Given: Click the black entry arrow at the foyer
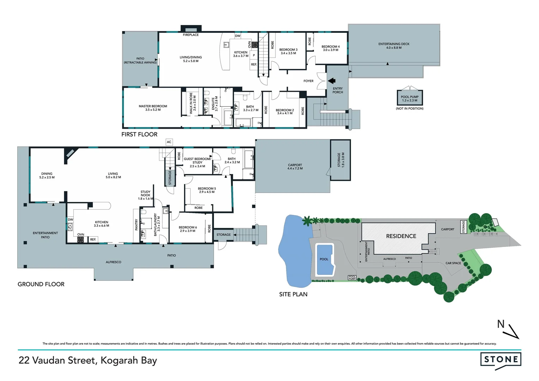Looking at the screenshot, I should [x=332, y=81].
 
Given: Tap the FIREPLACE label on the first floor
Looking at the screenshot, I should [x=190, y=35].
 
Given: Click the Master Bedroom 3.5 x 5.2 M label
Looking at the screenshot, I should [x=153, y=108].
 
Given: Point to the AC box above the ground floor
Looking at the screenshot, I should [x=169, y=142].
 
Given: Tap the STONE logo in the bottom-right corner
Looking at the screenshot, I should [x=501, y=359].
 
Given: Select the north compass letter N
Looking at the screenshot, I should [x=501, y=324].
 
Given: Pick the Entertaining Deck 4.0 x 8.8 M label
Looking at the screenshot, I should [x=394, y=46].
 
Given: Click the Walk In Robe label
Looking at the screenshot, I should [x=193, y=103].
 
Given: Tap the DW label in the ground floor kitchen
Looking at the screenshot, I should [x=71, y=220].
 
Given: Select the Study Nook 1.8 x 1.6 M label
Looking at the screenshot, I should [x=145, y=195].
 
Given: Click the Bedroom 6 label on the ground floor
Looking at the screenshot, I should [x=188, y=229].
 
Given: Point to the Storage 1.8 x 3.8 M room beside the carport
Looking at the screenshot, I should [x=341, y=160].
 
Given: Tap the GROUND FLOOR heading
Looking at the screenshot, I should [x=41, y=284].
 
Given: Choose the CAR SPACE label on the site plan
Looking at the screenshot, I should [x=453, y=263].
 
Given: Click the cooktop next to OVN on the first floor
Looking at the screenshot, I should [x=254, y=45].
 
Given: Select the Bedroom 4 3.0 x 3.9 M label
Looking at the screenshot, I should [x=331, y=48].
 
